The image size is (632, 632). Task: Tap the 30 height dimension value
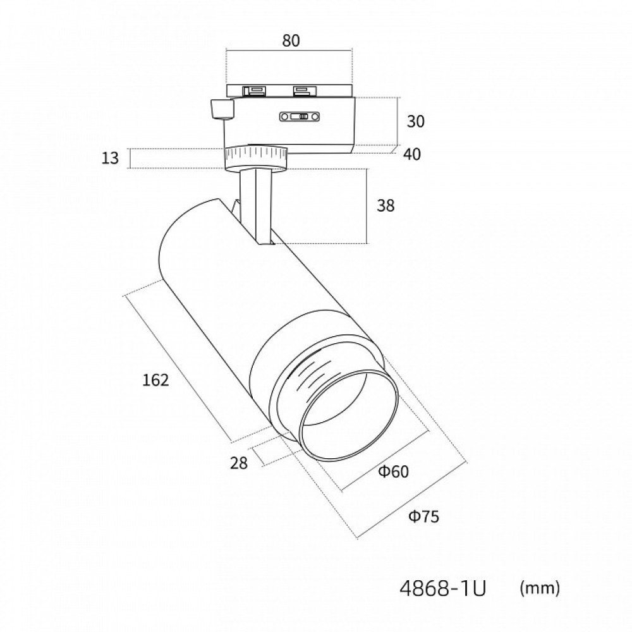416,121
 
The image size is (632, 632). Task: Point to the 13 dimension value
110,158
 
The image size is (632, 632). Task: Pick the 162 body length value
155,380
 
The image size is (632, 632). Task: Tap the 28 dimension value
238,463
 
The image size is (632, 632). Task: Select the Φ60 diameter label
394,471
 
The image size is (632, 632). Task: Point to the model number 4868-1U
443,589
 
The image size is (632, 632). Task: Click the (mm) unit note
539,589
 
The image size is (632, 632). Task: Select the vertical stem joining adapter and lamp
257,202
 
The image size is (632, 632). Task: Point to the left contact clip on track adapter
256,90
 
